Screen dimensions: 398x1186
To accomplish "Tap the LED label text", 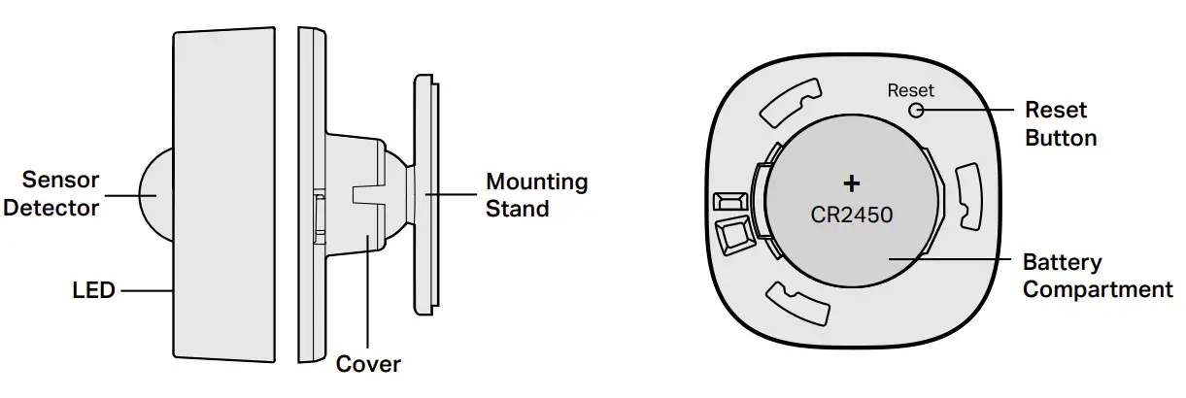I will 93,290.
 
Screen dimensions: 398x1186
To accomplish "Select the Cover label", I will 367,364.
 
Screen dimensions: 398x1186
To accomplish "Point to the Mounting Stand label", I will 536,194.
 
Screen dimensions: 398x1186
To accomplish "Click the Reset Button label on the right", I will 1061,123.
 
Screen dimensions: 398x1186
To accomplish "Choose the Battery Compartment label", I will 1098,276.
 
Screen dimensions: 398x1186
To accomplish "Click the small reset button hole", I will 915,110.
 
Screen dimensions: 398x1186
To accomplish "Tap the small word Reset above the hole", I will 910,90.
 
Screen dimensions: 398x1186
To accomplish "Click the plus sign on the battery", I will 852,182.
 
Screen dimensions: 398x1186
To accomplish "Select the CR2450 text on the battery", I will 852,212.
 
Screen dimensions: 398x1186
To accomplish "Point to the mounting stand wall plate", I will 424,194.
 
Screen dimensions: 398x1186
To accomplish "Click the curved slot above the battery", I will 789,105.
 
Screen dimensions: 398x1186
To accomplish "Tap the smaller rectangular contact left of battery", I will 725,202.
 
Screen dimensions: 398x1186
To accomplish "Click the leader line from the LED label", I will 146,290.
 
